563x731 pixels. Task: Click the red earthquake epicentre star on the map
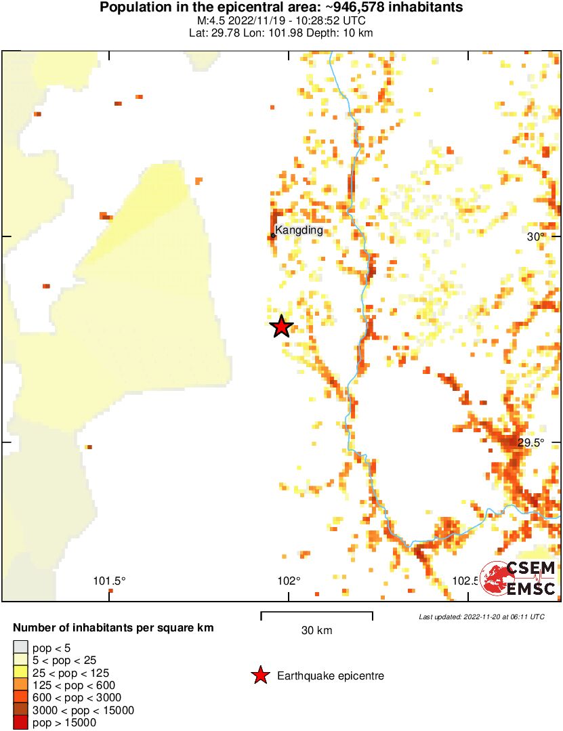(x=281, y=327)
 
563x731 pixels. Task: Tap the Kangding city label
(x=299, y=230)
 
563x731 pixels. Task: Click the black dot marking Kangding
(x=273, y=236)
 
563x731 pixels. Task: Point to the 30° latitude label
(x=536, y=236)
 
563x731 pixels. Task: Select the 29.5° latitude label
(x=531, y=442)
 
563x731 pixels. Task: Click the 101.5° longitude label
(x=110, y=581)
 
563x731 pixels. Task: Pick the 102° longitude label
(x=289, y=581)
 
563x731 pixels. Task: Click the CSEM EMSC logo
(x=518, y=579)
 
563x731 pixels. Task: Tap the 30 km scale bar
(x=316, y=616)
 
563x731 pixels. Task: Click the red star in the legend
(x=259, y=675)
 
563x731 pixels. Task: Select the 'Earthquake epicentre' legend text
(x=331, y=676)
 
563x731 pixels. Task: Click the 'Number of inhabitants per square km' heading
(x=113, y=628)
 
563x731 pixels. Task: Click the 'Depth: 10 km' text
(x=345, y=33)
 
